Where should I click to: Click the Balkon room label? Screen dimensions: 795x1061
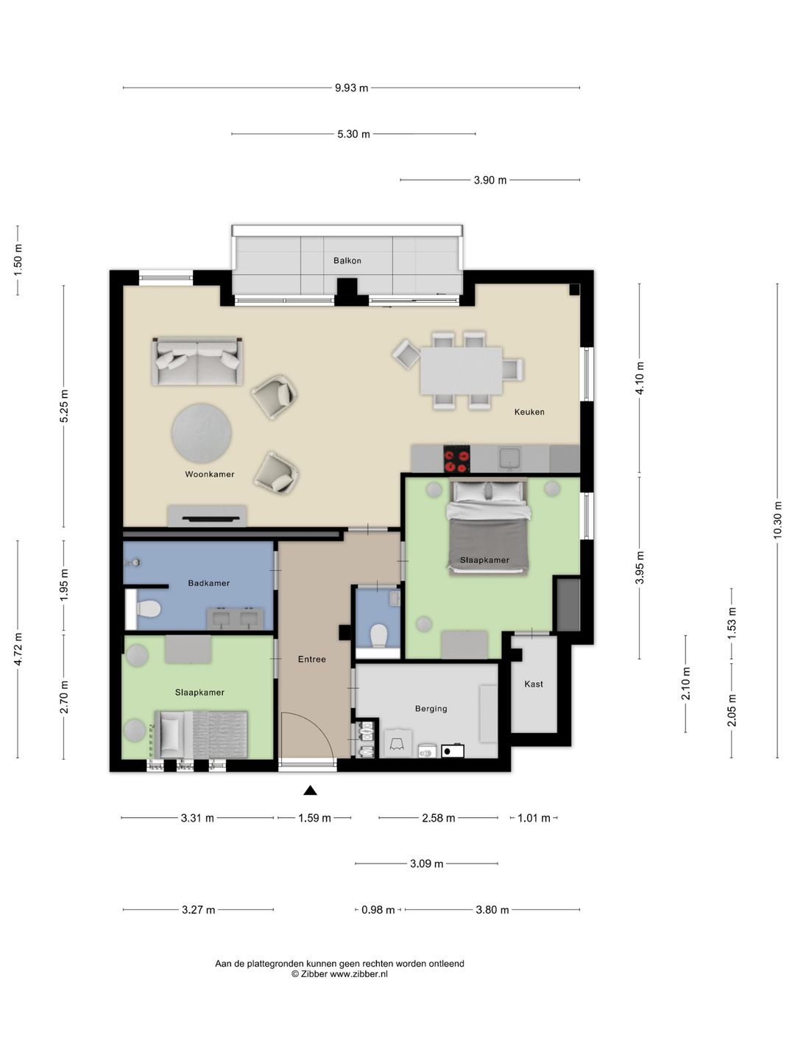coord(347,261)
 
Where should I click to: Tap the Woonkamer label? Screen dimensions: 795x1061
coord(210,475)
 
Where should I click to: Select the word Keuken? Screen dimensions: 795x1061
coord(529,412)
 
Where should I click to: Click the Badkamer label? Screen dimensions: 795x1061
coord(208,583)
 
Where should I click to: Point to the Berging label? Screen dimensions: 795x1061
coord(431,709)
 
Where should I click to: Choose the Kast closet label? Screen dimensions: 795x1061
coord(534,684)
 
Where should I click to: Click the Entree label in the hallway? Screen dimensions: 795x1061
coord(312,659)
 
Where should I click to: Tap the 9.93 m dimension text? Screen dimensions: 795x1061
coord(351,88)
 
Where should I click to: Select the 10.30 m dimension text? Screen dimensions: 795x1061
coord(777,520)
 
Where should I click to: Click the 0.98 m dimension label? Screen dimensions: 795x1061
coord(378,910)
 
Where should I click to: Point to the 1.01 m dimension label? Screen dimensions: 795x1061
coord(534,818)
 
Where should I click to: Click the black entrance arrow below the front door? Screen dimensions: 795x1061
coord(310,791)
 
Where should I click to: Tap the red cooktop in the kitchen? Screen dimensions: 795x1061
coord(456,458)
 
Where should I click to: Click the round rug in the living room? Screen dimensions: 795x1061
coord(201,433)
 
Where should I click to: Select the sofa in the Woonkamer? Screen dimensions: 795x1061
coord(197,361)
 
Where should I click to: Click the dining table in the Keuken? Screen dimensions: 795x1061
coord(461,371)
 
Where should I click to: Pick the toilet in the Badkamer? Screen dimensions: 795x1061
coord(148,609)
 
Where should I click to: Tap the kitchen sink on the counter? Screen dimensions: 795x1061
coord(509,458)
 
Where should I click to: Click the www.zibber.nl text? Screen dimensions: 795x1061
coord(358,974)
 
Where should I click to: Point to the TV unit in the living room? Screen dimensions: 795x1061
coord(207,516)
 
